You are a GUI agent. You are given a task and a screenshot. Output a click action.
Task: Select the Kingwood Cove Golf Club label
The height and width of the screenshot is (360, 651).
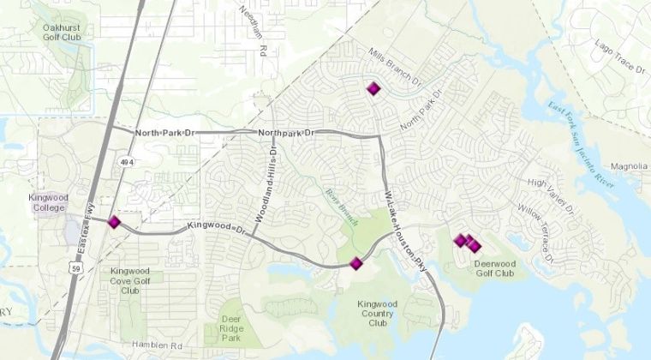point(130,280)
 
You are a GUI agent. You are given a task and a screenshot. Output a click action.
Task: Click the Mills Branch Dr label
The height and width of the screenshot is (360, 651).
point(397,69)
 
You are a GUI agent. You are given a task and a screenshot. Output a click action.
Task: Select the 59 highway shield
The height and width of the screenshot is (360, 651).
point(75,267)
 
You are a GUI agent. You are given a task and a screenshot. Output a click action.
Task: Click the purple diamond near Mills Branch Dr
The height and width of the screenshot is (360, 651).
point(373,88)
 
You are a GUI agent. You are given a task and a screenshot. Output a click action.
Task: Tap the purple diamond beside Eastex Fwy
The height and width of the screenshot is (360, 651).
point(114,222)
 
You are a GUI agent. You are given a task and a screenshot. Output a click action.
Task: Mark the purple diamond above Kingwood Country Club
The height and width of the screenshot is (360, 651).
point(356,263)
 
